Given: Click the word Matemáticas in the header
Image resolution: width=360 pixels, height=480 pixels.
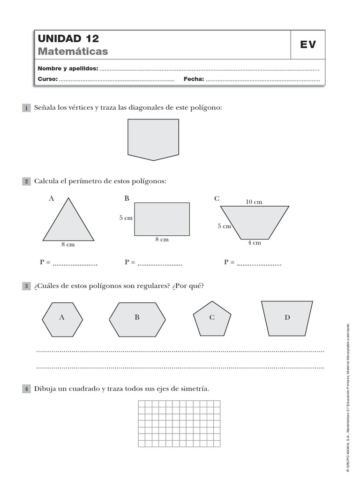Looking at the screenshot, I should tap(73, 51).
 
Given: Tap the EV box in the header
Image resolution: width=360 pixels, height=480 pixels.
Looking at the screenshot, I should tap(308, 45).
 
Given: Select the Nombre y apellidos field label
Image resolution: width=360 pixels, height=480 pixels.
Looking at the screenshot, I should tap(68, 69).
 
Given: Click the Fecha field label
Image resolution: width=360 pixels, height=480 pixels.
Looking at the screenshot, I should tap(194, 79).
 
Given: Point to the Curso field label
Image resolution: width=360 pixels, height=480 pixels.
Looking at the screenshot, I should tap(48, 79).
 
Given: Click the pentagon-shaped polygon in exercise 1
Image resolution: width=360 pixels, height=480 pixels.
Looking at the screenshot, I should tap(153, 138).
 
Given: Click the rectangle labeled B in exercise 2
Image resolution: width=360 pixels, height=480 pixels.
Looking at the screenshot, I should tap(162, 219).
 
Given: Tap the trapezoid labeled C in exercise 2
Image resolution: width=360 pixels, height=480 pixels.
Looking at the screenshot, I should tap(255, 221).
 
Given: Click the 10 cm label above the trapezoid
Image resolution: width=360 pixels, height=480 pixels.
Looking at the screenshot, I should tap(254, 202).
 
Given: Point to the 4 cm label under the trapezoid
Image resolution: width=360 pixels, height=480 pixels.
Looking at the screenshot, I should tap(254, 243).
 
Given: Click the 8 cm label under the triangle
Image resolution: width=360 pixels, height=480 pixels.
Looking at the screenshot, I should tap(67, 244).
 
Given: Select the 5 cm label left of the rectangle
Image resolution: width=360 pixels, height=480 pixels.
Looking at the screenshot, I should tap(126, 218).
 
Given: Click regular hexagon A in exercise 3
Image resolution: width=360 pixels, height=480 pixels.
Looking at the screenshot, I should tap(62, 319).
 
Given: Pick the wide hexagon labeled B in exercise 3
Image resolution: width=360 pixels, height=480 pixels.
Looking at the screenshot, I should tap(137, 319).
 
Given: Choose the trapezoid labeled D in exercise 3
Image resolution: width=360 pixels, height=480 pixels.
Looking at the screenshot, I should tap(287, 319).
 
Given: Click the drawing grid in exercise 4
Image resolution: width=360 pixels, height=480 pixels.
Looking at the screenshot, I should tap(179, 424).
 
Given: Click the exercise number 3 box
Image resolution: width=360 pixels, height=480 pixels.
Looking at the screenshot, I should tap(26, 286).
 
